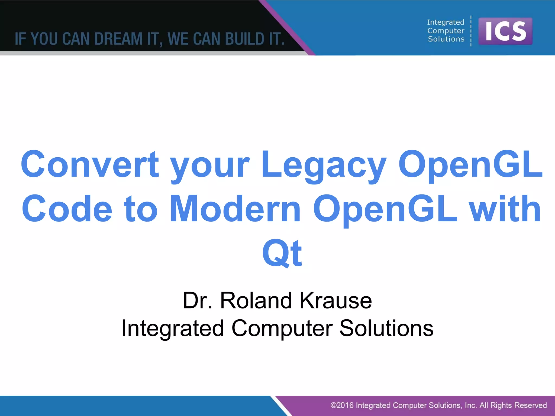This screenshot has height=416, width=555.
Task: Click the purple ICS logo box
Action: (x=505, y=31)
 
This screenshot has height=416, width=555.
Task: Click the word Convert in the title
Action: (x=90, y=165)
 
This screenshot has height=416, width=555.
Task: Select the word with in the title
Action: (x=505, y=209)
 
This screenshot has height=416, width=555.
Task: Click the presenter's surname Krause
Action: (x=336, y=301)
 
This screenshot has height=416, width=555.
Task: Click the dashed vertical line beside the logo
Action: (x=471, y=31)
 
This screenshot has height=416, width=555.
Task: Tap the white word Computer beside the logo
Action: (x=446, y=31)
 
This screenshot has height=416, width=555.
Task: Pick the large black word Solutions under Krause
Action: (x=386, y=328)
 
